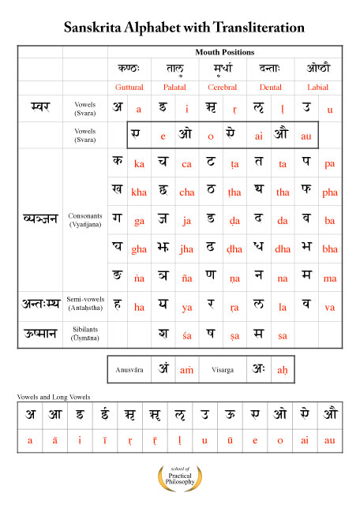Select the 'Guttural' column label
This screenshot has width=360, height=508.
pyautogui.click(x=129, y=87)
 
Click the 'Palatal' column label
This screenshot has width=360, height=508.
pyautogui.click(x=174, y=87)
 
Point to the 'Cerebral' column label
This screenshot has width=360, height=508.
pyautogui.click(x=222, y=87)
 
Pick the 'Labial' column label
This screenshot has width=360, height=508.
pyautogui.click(x=317, y=87)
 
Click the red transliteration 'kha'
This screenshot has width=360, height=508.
pyautogui.click(x=139, y=192)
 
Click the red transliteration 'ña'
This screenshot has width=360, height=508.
pyautogui.click(x=186, y=278)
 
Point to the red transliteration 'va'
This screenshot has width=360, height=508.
pyautogui.click(x=329, y=308)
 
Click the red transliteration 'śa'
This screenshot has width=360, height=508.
pyautogui.click(x=186, y=335)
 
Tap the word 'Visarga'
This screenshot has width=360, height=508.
pyautogui.click(x=231, y=369)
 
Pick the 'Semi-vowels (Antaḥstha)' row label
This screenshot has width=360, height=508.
pyautogui.click(x=84, y=304)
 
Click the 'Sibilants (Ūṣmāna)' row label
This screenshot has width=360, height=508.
pyautogui.click(x=84, y=334)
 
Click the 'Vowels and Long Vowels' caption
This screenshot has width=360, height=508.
pyautogui.click(x=52, y=396)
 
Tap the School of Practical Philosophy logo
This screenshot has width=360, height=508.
pyautogui.click(x=180, y=476)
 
